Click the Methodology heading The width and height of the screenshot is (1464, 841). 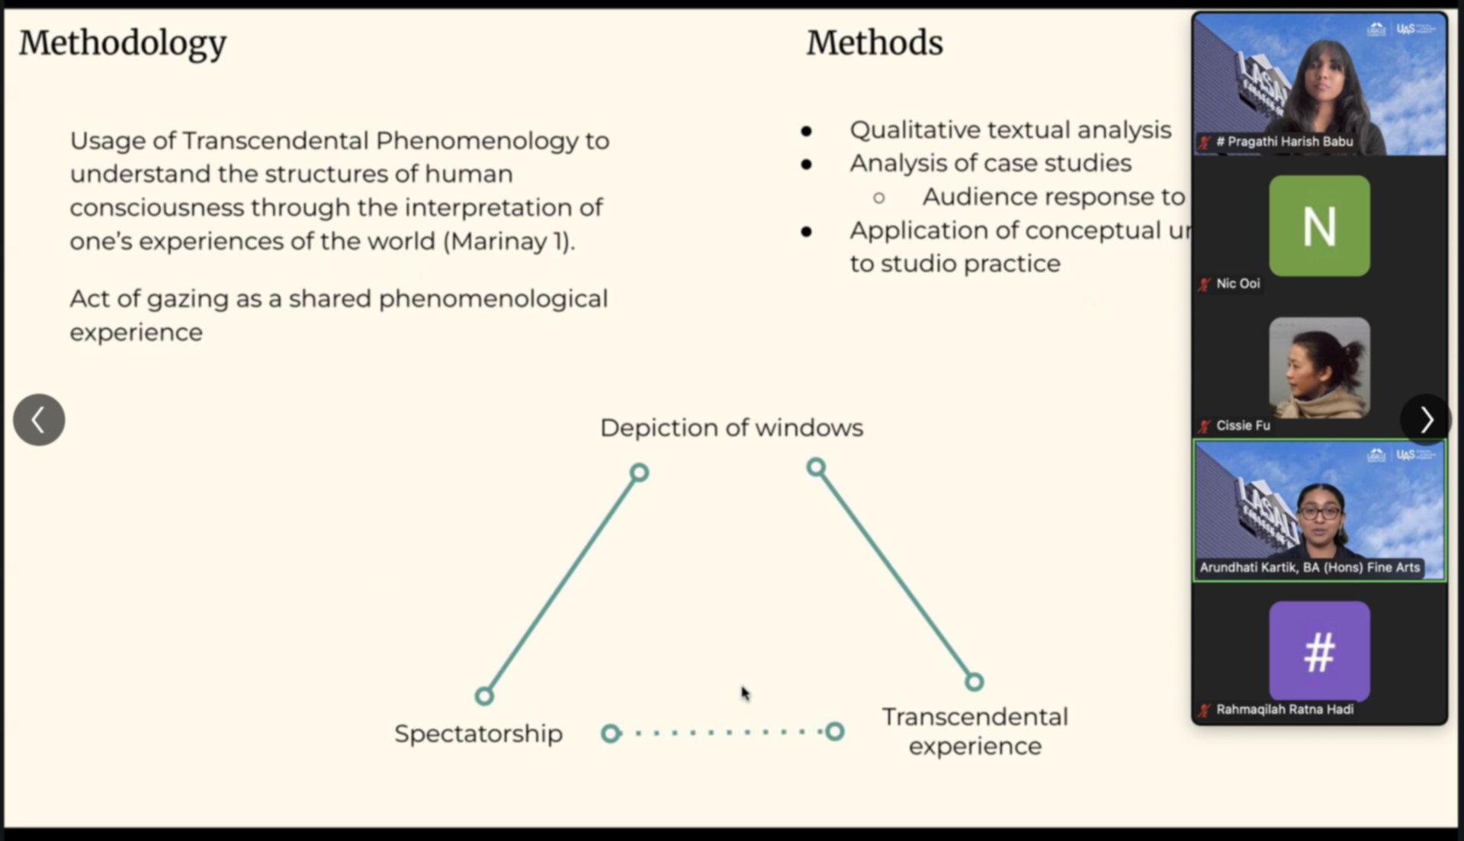[x=123, y=43]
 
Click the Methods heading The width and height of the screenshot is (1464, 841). [x=875, y=43]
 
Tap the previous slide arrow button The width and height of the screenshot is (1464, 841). [x=39, y=420]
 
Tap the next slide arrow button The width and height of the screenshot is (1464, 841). [x=1426, y=420]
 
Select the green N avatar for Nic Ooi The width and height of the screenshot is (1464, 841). [x=1319, y=226]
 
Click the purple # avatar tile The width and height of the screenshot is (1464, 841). [x=1319, y=652]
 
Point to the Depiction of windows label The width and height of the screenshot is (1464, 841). [x=731, y=428]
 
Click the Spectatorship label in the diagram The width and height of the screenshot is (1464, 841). [x=478, y=733]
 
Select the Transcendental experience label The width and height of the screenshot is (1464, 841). [x=974, y=731]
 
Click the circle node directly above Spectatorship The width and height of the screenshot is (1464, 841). [x=484, y=695]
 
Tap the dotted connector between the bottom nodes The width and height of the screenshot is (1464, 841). [x=722, y=733]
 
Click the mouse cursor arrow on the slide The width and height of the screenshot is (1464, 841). [x=745, y=693]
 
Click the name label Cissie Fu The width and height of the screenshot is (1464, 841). [x=1243, y=425]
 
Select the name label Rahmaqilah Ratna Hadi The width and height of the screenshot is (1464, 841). [x=1284, y=709]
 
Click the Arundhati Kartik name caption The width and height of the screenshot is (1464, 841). [x=1309, y=567]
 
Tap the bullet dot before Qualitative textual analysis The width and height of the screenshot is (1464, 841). [x=806, y=131]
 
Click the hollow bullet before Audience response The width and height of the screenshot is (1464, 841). [x=878, y=198]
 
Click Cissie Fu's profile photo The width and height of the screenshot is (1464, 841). [x=1319, y=368]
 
